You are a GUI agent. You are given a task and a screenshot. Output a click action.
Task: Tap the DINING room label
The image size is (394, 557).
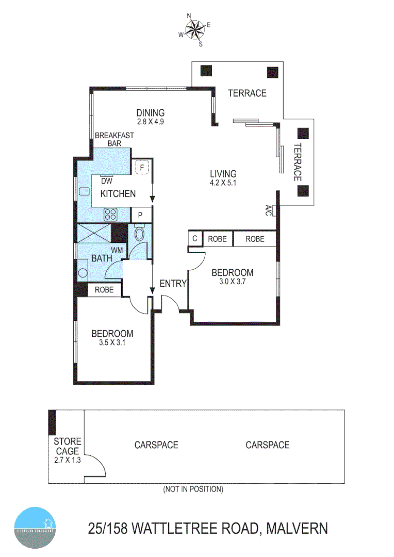(150, 113)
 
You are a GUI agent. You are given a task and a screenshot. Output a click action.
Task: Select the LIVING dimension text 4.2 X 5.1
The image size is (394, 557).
(223, 183)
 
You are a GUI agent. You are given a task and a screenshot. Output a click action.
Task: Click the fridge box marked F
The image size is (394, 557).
(141, 168)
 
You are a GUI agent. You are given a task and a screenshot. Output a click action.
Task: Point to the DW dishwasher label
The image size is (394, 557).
(106, 181)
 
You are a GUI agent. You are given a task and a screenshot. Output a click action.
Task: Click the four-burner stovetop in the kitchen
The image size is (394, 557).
(111, 214)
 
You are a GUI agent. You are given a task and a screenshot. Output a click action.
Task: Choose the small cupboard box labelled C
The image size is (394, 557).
(194, 239)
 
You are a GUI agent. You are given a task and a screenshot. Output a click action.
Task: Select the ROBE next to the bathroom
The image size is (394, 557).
(104, 290)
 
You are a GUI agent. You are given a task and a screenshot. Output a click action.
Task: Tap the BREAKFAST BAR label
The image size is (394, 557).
(114, 139)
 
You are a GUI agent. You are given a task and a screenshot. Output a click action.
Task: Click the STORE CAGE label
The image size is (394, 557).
(68, 446)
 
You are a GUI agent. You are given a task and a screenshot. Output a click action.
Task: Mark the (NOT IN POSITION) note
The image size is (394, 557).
(193, 488)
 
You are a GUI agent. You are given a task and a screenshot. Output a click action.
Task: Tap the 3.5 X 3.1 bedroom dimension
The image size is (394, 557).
(112, 342)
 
